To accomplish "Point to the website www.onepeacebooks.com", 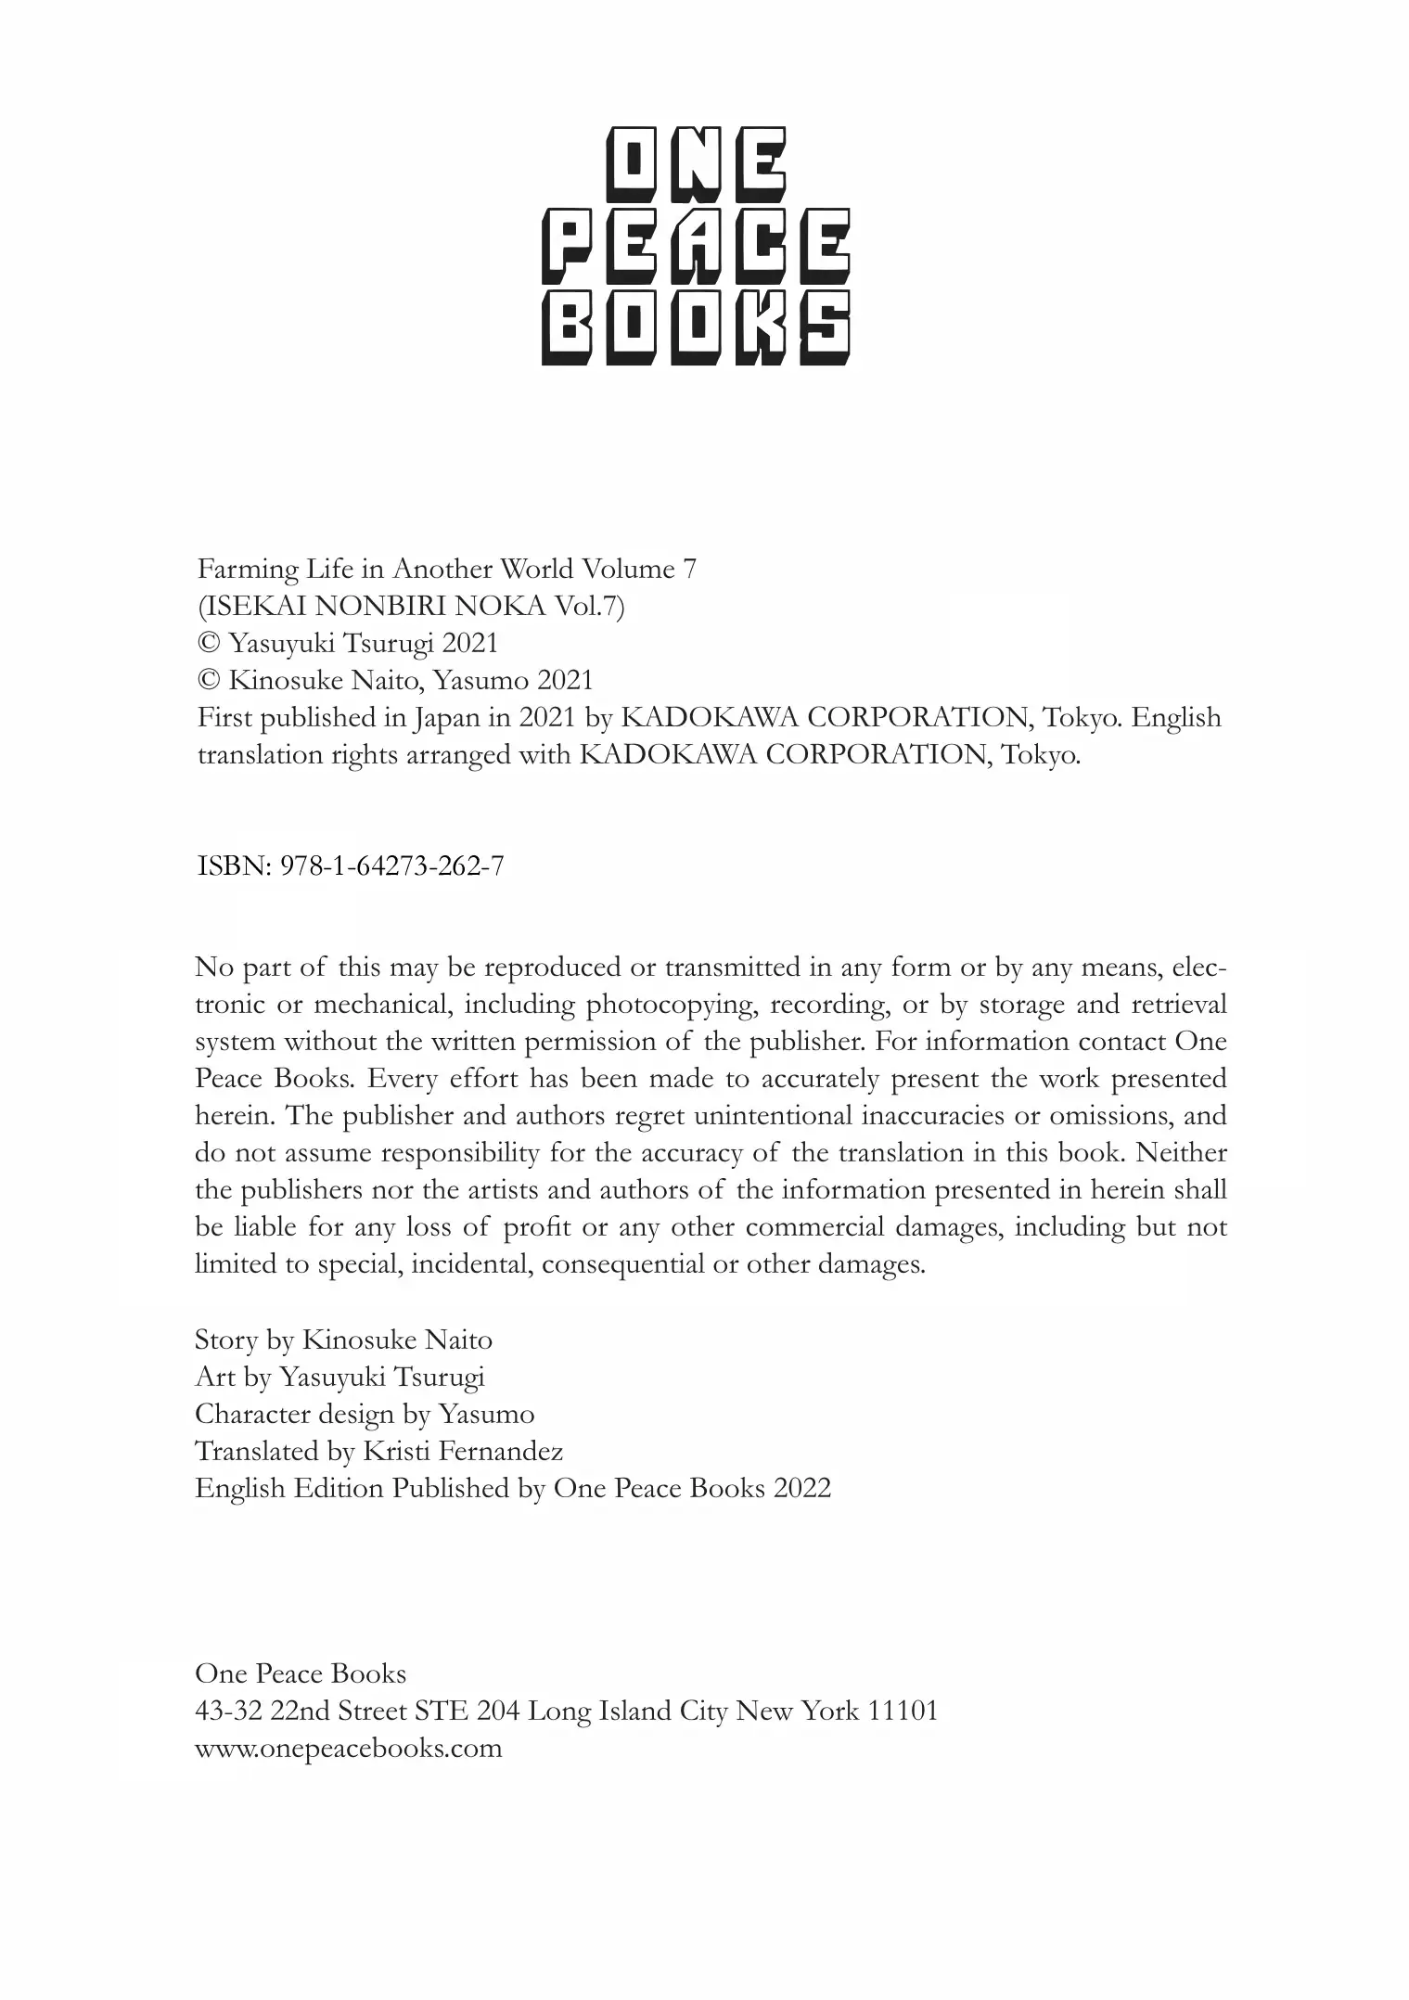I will [348, 1749].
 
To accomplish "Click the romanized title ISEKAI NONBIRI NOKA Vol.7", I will [411, 606].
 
